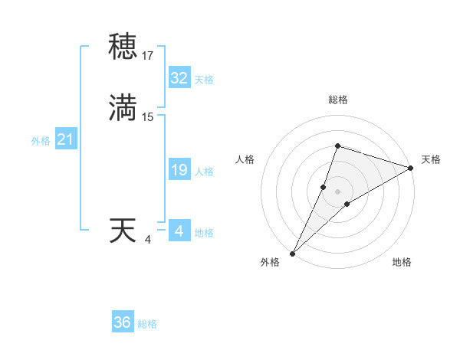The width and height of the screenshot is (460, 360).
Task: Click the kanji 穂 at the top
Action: [124, 47]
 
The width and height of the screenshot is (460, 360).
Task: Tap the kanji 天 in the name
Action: [124, 231]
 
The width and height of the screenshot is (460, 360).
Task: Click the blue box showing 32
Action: [179, 78]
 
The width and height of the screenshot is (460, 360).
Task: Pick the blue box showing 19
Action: [179, 170]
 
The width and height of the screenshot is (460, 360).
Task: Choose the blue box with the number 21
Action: [65, 139]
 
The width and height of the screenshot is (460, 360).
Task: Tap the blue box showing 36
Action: [123, 322]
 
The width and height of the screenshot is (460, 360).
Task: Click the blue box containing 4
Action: [179, 231]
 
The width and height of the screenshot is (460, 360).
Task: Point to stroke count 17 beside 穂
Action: [148, 56]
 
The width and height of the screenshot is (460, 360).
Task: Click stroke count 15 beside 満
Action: [148, 117]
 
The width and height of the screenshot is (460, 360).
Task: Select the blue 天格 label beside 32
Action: [204, 80]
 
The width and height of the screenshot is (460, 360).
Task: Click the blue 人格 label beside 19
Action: [204, 172]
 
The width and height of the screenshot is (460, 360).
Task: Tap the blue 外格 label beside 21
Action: [41, 141]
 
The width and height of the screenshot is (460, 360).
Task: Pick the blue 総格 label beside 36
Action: [147, 324]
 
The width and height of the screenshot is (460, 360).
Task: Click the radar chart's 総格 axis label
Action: [337, 100]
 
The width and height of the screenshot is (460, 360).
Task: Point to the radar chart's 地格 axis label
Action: [402, 262]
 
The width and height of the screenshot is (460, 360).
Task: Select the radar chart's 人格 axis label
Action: [245, 159]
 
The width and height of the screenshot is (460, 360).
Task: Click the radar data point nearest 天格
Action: [411, 169]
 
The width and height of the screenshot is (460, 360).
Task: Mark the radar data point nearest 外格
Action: [293, 253]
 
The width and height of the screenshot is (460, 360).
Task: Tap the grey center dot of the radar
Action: [337, 191]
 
